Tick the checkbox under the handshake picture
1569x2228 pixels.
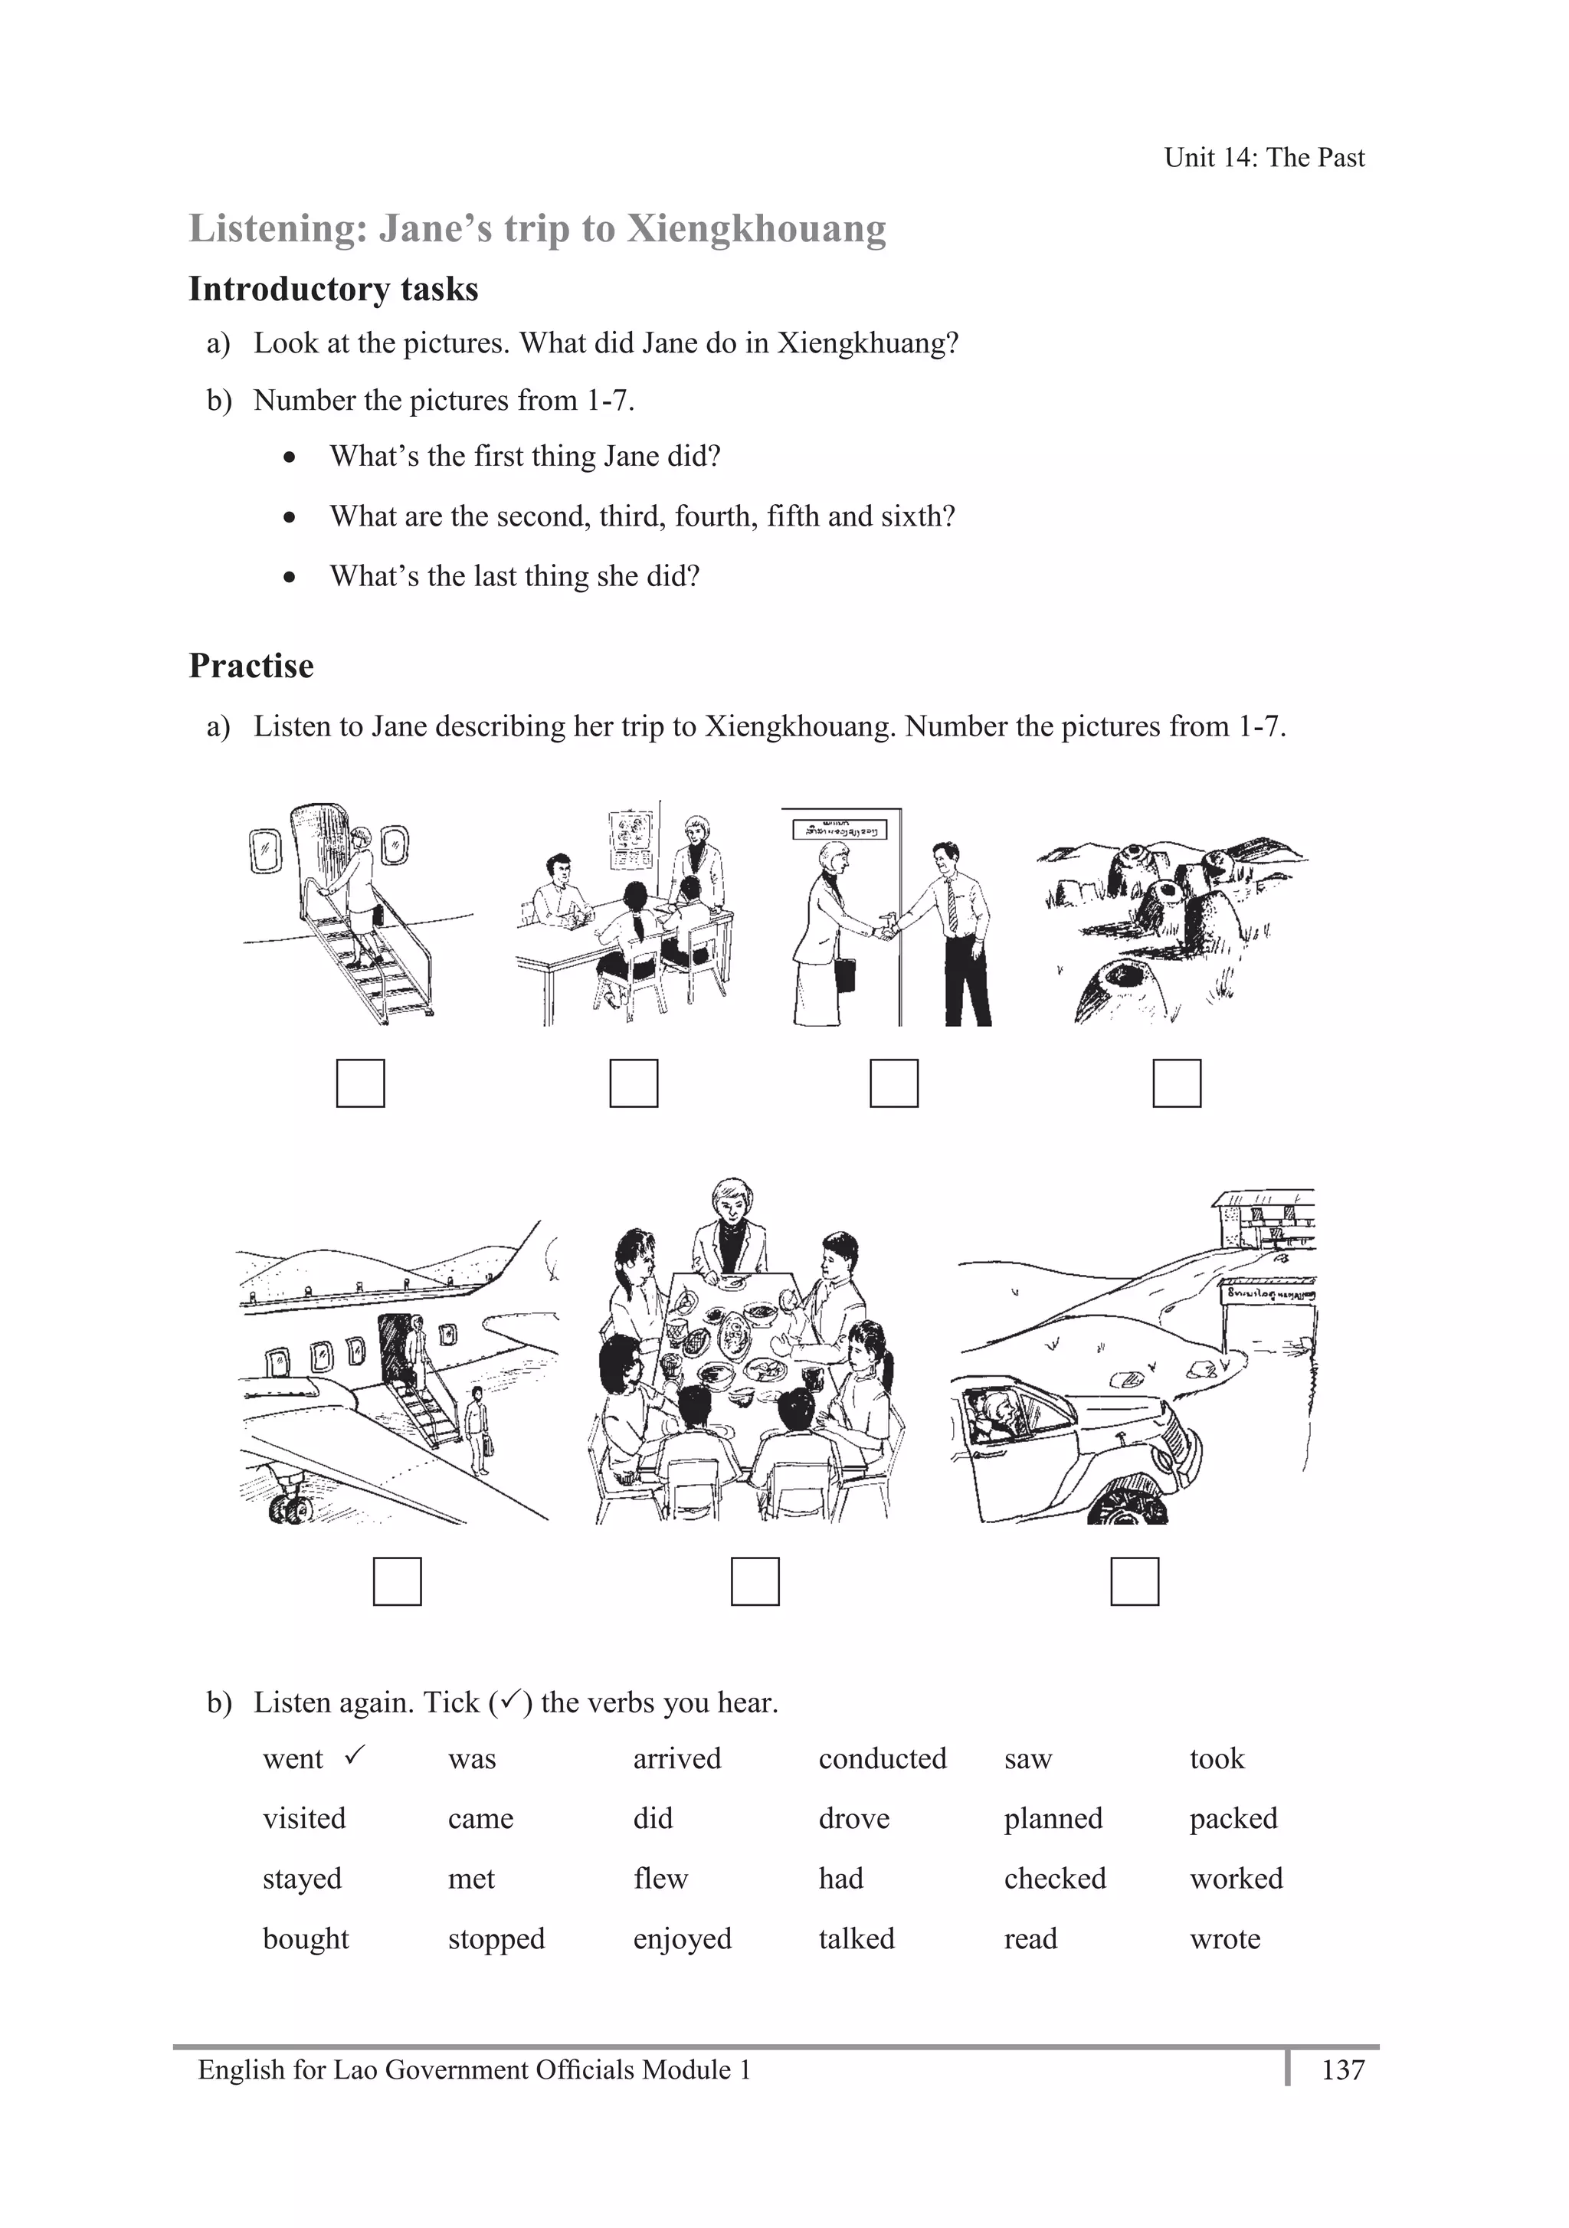(893, 1083)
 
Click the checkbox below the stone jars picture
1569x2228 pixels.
(1176, 1083)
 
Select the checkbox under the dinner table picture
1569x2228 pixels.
(755, 1581)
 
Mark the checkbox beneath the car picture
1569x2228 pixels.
(1135, 1581)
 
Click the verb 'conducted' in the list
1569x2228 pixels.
(882, 1758)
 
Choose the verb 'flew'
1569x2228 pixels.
(660, 1878)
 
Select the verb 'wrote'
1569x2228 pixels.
(1224, 1939)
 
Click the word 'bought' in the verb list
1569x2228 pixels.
(306, 1939)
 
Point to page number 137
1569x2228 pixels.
(1343, 2070)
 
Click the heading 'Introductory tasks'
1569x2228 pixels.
(332, 289)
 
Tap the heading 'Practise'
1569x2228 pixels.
(251, 666)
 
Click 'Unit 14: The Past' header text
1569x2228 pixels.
(1263, 157)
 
